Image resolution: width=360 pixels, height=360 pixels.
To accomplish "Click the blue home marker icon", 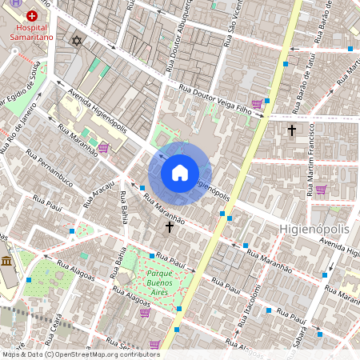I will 180,173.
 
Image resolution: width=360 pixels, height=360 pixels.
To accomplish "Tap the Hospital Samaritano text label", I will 31,31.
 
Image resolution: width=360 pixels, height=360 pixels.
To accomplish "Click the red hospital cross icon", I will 31,15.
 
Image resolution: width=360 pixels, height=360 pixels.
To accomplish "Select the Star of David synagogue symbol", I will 77,40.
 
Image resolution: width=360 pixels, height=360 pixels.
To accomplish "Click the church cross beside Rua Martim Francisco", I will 292,129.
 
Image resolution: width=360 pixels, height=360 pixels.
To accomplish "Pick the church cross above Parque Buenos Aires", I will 169,227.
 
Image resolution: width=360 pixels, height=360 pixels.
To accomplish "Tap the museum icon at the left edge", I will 6,262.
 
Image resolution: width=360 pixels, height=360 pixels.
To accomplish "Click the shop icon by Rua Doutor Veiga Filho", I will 257,103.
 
